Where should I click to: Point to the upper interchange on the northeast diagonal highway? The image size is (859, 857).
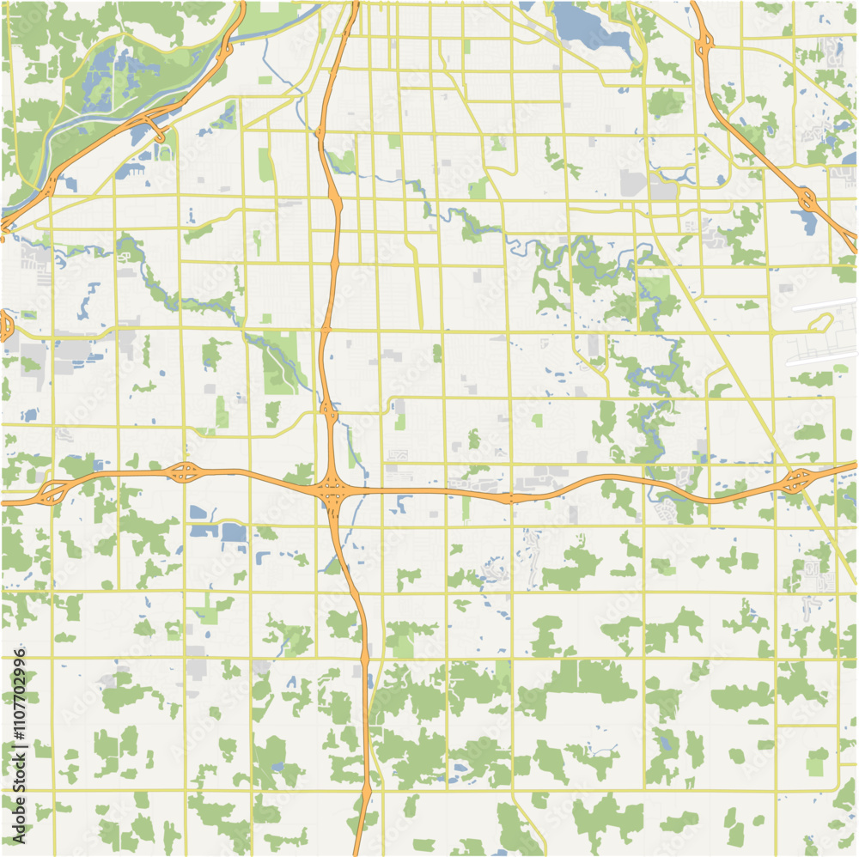pos(705,43)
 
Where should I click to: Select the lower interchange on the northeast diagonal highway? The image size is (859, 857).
pos(807,200)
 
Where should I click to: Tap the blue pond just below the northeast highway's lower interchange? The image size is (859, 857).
pos(807,223)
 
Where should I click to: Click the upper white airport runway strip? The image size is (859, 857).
pos(825,305)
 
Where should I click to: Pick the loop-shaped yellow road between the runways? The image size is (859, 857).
pos(820,325)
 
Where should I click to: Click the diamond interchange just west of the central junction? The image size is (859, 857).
pos(183,471)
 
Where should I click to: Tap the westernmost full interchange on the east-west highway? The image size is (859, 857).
pos(54,492)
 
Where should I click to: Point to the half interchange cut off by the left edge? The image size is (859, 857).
pos(5,325)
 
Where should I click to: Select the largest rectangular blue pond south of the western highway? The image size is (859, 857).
pos(233,532)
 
